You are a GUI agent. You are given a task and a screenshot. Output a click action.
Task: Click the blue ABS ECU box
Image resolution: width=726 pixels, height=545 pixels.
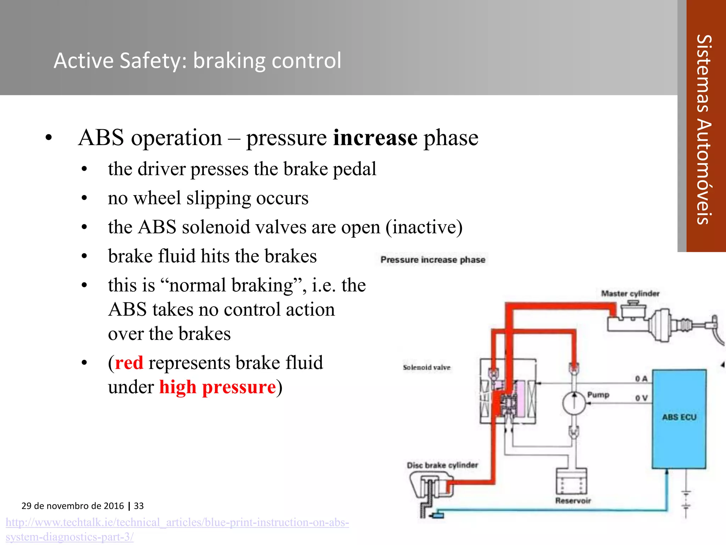pos(679,419)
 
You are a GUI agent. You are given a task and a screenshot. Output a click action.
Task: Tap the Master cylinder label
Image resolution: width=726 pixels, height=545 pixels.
pos(630,294)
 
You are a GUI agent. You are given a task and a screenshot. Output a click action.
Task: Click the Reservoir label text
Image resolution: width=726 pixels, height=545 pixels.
pos(573,501)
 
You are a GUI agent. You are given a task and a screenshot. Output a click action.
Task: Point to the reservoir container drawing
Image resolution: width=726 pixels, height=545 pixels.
pos(571,481)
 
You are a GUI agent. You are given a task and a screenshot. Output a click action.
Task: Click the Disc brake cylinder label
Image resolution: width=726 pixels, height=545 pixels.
pos(442,465)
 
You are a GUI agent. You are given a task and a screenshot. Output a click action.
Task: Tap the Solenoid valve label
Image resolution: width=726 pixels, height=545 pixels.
pos(426,368)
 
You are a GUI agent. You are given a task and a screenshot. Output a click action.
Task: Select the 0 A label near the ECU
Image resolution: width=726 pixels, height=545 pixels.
pos(641,379)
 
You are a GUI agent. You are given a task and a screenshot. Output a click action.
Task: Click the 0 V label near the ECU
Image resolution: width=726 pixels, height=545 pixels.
pos(641,398)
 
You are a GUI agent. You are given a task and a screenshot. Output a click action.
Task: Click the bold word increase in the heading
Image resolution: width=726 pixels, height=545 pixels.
pos(375,138)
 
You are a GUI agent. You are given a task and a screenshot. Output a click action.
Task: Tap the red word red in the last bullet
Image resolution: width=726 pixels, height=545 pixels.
pos(129,363)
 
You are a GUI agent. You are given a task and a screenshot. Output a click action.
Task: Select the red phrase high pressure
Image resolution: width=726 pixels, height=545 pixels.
pos(217,387)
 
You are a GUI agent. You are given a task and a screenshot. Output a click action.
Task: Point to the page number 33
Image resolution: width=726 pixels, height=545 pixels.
pos(139,506)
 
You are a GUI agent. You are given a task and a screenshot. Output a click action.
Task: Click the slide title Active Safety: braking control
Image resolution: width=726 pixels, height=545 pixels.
pos(197,60)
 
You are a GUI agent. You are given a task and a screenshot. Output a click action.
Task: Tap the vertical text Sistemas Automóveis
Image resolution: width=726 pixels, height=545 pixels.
pos(704,130)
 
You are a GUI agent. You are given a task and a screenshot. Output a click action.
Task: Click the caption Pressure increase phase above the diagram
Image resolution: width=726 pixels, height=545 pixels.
pos(432,260)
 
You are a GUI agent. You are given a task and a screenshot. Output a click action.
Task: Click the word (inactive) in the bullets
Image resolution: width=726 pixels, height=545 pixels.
pos(424,227)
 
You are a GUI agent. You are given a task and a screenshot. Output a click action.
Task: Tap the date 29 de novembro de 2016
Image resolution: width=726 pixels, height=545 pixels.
pos(73,506)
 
